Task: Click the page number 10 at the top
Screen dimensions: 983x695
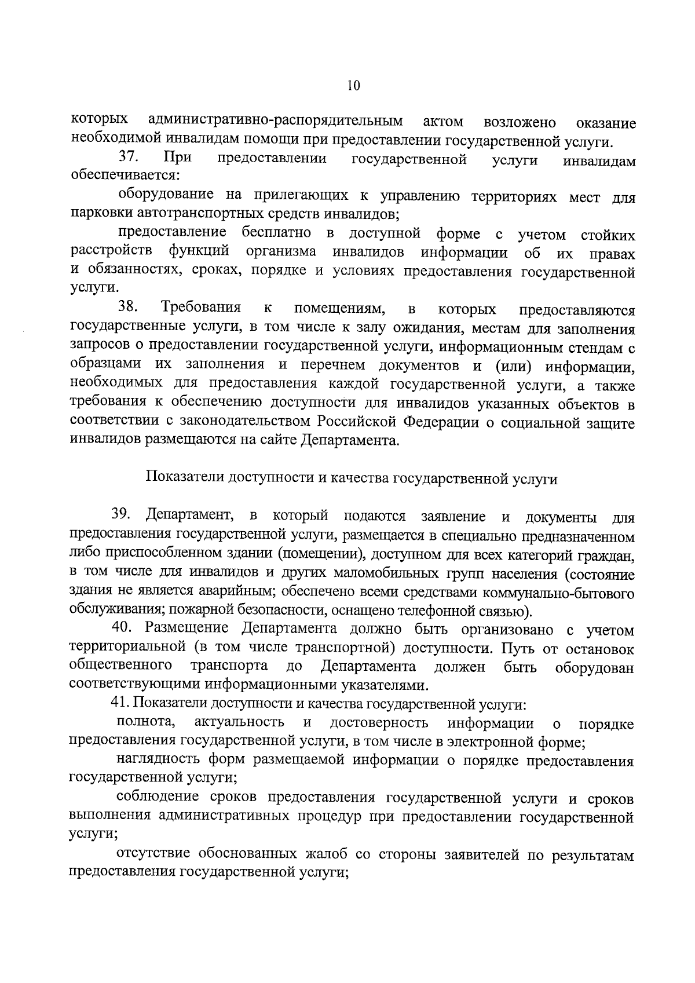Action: (x=353, y=86)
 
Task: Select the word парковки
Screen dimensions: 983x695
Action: (x=94, y=214)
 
